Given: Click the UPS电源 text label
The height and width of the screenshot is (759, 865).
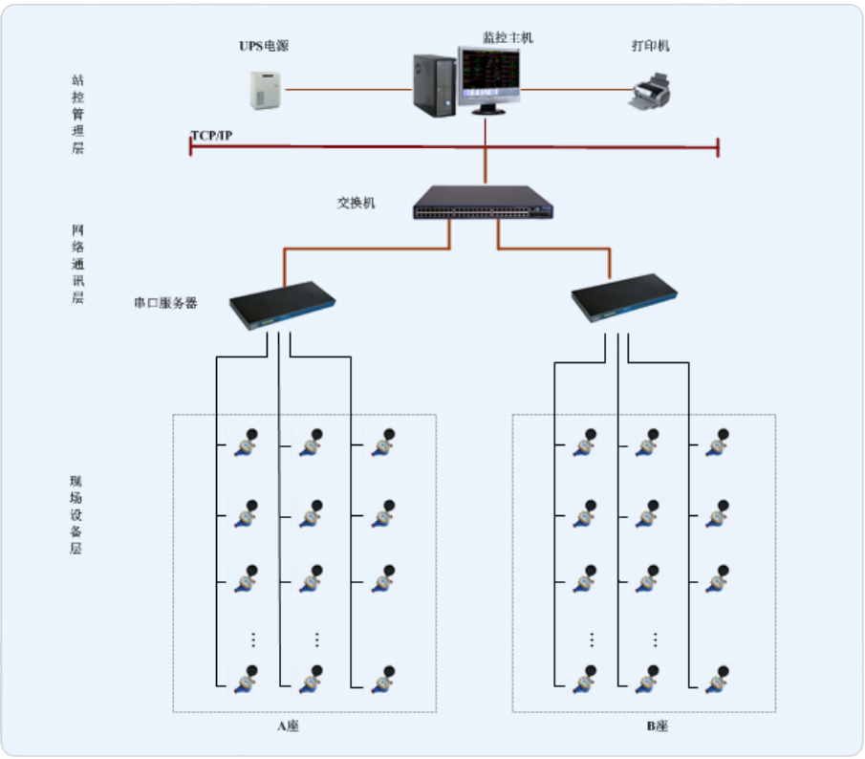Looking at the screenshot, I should [263, 45].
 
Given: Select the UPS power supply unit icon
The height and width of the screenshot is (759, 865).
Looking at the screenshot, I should [263, 92].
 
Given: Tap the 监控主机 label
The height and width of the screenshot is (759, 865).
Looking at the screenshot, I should [508, 37].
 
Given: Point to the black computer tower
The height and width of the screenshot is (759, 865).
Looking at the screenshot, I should [435, 84].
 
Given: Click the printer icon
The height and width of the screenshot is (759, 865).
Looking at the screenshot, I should [652, 93].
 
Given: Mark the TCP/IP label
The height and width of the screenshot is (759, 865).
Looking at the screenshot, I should [211, 135].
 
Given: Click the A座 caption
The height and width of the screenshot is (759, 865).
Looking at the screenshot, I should [289, 726].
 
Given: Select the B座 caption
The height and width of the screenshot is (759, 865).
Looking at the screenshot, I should [657, 726].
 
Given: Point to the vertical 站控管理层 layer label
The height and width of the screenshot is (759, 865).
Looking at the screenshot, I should [77, 115].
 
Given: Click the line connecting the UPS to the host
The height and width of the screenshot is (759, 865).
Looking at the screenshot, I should [349, 91].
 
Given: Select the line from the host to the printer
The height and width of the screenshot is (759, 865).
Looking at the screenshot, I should [573, 91].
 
